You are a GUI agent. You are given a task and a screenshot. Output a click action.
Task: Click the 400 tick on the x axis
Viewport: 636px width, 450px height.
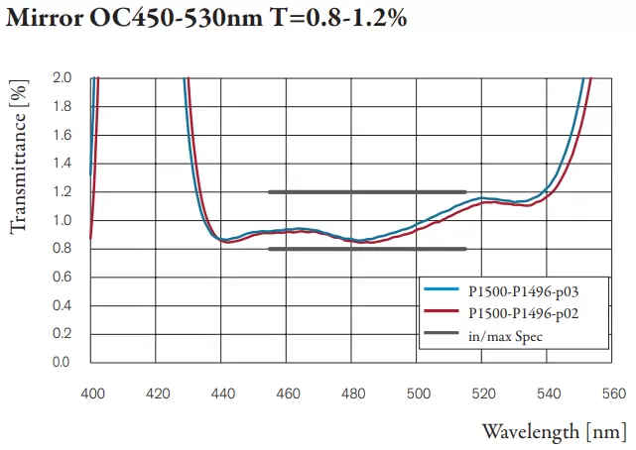coord(91,394)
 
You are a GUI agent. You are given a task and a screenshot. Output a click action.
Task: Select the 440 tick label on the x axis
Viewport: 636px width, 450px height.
coord(222,394)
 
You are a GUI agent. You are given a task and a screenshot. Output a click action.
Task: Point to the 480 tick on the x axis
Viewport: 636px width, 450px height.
coord(353,394)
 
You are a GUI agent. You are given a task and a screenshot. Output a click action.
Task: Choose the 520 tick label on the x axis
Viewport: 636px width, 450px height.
coord(484,394)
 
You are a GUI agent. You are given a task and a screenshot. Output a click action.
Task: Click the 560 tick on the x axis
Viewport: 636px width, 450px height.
coord(614,394)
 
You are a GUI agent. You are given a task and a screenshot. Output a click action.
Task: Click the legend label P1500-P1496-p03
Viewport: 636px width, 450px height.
coord(522,291)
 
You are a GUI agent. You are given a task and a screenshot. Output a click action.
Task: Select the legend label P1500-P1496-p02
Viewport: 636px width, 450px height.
coord(522,314)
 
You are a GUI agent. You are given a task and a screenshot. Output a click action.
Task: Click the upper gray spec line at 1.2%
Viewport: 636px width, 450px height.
coord(367,191)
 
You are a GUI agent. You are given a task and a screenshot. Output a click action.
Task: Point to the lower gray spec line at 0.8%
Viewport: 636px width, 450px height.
coord(367,249)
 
